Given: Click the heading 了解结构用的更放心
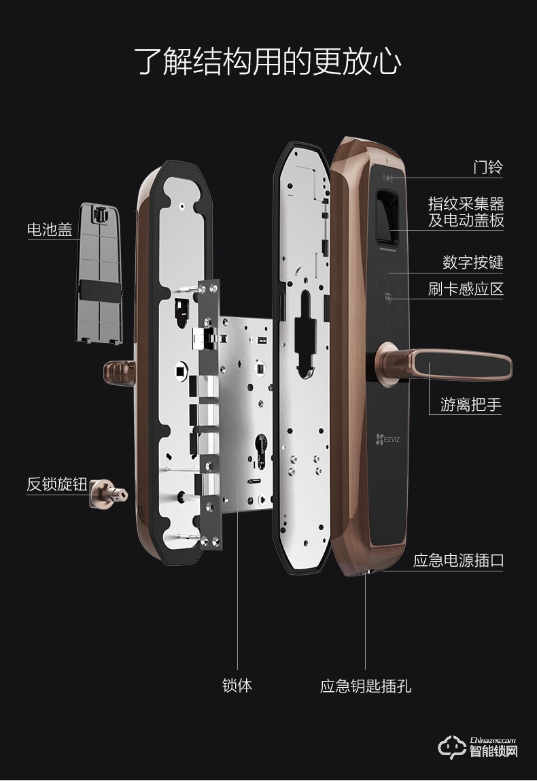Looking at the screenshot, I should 268,62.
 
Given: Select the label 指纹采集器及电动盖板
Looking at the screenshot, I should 466,212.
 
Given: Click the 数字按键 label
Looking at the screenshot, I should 472,262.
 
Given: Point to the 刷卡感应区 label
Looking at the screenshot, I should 466,288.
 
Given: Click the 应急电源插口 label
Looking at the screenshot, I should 458,561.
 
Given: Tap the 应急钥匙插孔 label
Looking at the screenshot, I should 366,685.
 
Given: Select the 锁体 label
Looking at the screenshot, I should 237,685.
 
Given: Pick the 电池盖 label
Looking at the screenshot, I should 50,229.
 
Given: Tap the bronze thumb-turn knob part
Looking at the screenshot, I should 108,494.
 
